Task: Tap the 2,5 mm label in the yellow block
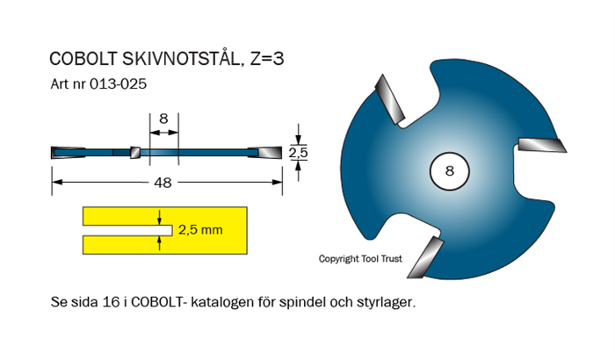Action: [200, 230]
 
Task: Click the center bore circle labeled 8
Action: [449, 171]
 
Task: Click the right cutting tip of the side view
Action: [269, 152]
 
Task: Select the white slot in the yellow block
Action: [123, 230]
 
